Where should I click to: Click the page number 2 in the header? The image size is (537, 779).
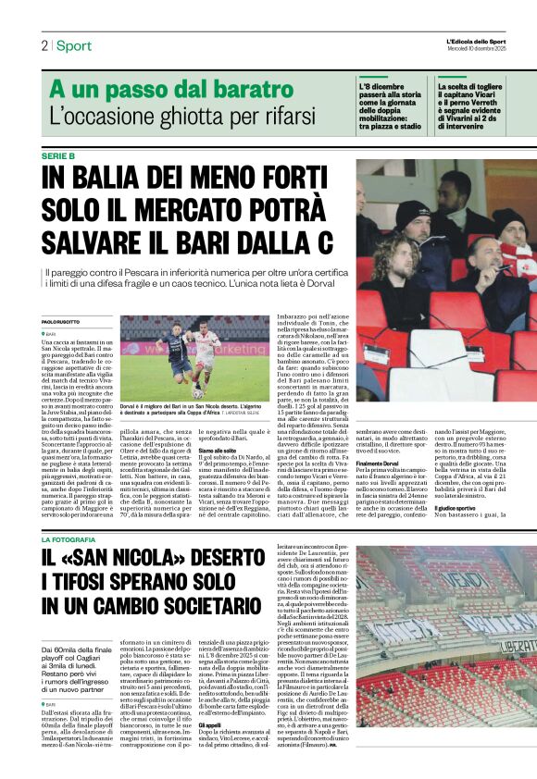44,45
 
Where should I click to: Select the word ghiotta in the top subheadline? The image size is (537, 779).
200,117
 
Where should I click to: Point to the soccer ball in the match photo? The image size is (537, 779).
197,393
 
